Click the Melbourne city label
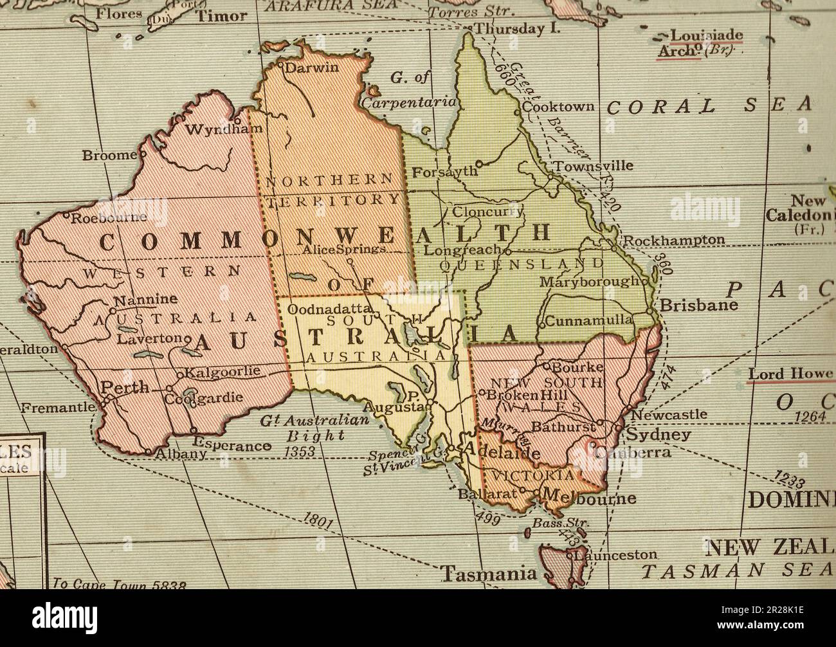pyautogui.click(x=589, y=498)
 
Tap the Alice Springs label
pyautogui.click(x=344, y=249)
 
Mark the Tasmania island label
pyautogui.click(x=489, y=573)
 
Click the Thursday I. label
pyautogui.click(x=517, y=28)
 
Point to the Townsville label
pyautogui.click(x=594, y=166)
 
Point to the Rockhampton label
pyautogui.click(x=674, y=240)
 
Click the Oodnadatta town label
pyautogui.click(x=326, y=309)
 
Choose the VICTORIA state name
pyautogui.click(x=531, y=475)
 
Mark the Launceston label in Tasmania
pyautogui.click(x=616, y=554)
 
